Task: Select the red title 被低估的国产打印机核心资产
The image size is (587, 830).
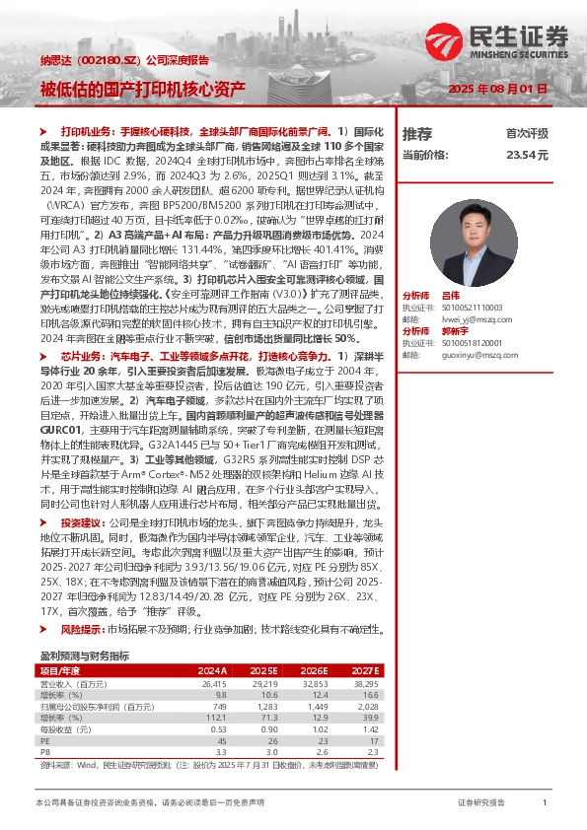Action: (143, 89)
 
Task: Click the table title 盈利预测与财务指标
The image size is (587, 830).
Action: (85, 656)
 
